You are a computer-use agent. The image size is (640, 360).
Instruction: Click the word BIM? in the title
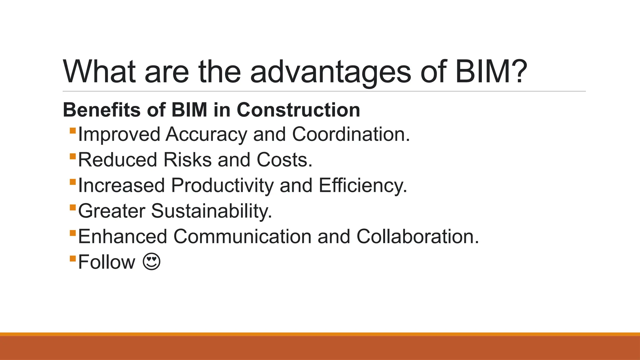491,72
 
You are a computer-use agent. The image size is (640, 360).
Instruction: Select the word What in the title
99,72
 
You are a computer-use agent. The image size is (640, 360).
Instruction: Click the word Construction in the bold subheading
298,110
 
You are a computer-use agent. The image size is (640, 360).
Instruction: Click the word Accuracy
206,135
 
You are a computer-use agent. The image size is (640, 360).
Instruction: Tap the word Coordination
351,135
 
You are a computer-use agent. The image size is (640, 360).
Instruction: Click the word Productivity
222,186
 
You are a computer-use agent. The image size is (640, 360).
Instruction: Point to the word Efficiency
363,186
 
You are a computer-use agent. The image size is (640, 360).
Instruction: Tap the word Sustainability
212,211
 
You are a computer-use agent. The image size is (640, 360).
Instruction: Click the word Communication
242,237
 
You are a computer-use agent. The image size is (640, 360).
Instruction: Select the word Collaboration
417,237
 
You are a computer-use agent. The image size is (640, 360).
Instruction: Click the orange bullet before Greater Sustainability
73,207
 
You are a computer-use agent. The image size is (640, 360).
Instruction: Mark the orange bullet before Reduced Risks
73,156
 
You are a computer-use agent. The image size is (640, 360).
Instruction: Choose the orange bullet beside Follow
73,258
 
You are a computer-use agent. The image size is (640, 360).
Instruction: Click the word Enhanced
122,237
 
